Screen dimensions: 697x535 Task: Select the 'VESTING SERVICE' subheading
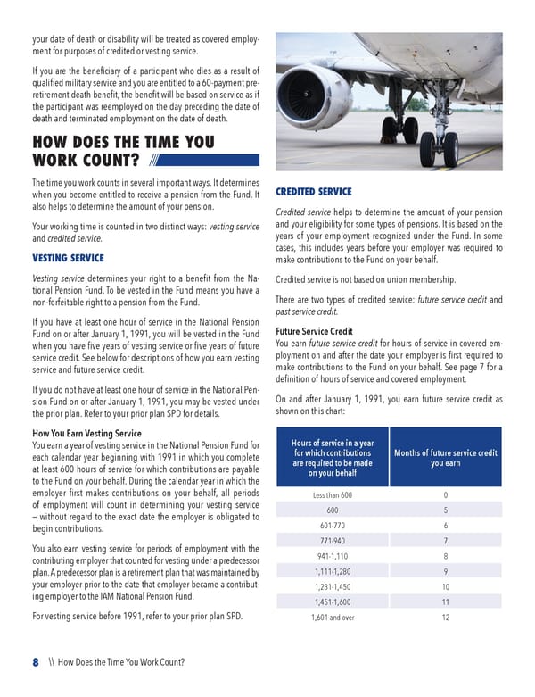coord(68,258)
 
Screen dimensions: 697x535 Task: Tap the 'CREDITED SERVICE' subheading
coord(314,192)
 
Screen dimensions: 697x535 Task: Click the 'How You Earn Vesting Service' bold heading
coord(86,434)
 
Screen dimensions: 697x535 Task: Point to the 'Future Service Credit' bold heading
coord(315,332)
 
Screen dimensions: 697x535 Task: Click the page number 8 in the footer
coord(36,662)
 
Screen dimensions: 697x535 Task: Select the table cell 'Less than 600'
coord(333,495)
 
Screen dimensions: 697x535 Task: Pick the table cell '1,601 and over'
coord(333,617)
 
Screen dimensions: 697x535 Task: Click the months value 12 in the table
coord(446,617)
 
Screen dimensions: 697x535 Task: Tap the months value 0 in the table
coord(446,495)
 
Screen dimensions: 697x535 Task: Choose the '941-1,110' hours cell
coord(333,556)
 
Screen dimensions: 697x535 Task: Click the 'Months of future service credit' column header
coord(446,458)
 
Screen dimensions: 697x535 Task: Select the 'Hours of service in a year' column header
coord(333,458)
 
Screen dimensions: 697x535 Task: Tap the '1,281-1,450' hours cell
coord(333,586)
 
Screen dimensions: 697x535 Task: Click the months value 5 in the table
coord(446,510)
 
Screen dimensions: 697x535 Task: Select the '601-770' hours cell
coord(333,526)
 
